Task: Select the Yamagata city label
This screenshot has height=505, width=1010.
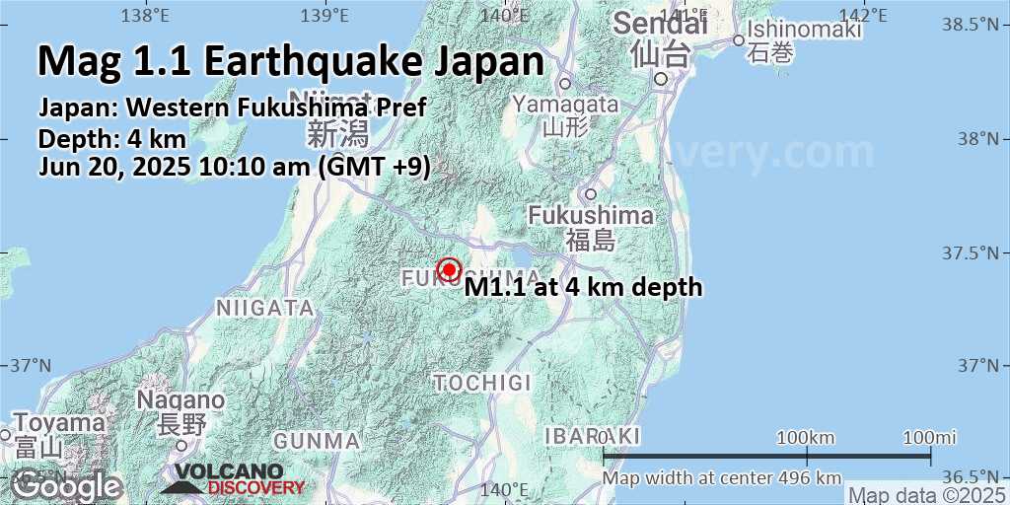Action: click(x=566, y=104)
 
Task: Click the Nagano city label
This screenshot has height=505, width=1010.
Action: click(x=180, y=400)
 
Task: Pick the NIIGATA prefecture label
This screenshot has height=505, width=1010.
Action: click(x=264, y=309)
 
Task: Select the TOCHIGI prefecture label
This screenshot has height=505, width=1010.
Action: click(x=482, y=382)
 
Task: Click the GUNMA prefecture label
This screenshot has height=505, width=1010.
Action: click(x=317, y=440)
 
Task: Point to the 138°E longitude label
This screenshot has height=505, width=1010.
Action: click(x=146, y=15)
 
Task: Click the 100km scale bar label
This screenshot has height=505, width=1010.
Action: click(x=806, y=437)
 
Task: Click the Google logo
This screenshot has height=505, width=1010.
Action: click(x=66, y=484)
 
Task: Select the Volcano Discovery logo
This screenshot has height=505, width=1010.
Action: click(x=234, y=479)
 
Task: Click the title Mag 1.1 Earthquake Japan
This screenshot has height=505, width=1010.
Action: click(x=291, y=61)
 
